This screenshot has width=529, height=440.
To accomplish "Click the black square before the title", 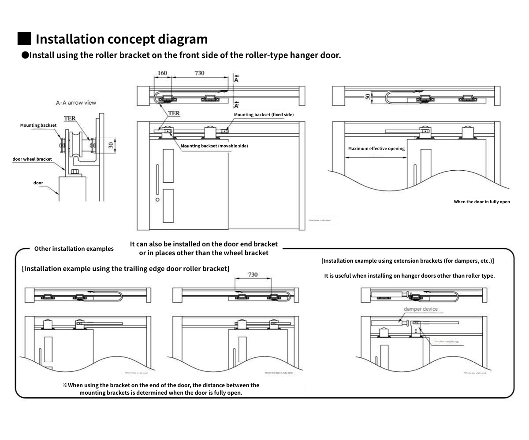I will pyautogui.click(x=24, y=38).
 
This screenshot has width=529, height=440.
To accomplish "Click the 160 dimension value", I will pyautogui.click(x=162, y=73).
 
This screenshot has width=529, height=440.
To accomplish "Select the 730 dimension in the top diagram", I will pyautogui.click(x=199, y=73).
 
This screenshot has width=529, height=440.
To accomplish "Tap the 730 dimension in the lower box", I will pyautogui.click(x=253, y=275).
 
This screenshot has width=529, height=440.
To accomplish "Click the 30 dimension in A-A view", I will pyautogui.click(x=111, y=144).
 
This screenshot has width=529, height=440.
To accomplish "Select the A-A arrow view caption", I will pyautogui.click(x=76, y=103).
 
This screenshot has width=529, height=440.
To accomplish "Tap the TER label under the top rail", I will pyautogui.click(x=174, y=114).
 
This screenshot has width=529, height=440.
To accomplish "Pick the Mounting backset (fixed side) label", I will pyautogui.click(x=264, y=115).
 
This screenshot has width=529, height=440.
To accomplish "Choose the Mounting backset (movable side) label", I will pyautogui.click(x=214, y=146).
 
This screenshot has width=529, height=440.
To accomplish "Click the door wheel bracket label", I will pyautogui.click(x=32, y=159).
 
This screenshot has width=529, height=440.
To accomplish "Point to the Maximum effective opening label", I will pyautogui.click(x=376, y=149).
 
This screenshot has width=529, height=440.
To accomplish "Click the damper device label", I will pyautogui.click(x=421, y=309).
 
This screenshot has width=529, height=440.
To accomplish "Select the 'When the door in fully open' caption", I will pyautogui.click(x=482, y=202).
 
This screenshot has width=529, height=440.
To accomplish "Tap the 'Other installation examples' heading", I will pyautogui.click(x=74, y=249).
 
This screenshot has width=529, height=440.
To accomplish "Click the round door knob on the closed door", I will pyautogui.click(x=157, y=199).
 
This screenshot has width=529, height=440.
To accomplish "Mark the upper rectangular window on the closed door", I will pyautogui.click(x=168, y=166).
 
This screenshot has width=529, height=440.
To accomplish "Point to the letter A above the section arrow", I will pyautogui.click(x=236, y=80).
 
